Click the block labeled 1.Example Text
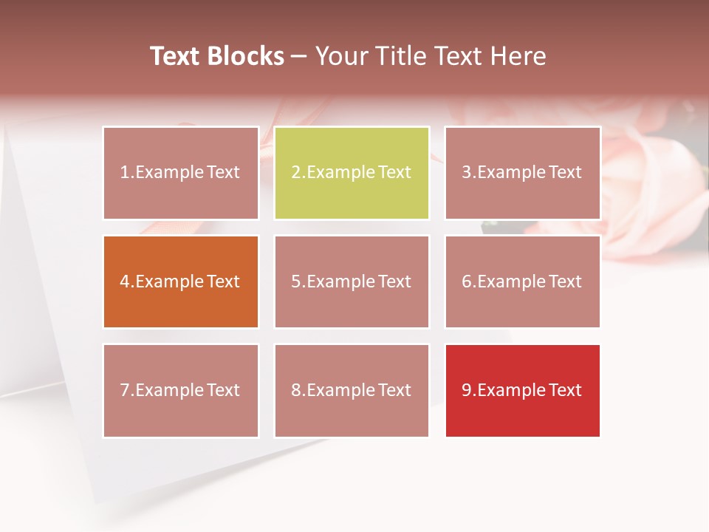[181, 173]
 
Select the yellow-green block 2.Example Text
[352, 173]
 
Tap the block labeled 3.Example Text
[522, 173]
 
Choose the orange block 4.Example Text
[181, 282]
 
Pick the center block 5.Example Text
[352, 282]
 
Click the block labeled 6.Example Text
[522, 282]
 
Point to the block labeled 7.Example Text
[181, 390]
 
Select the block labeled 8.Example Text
[352, 390]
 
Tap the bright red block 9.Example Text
[522, 390]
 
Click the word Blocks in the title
[245, 56]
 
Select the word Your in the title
[341, 56]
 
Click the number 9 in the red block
[467, 390]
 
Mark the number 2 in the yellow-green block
[296, 173]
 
